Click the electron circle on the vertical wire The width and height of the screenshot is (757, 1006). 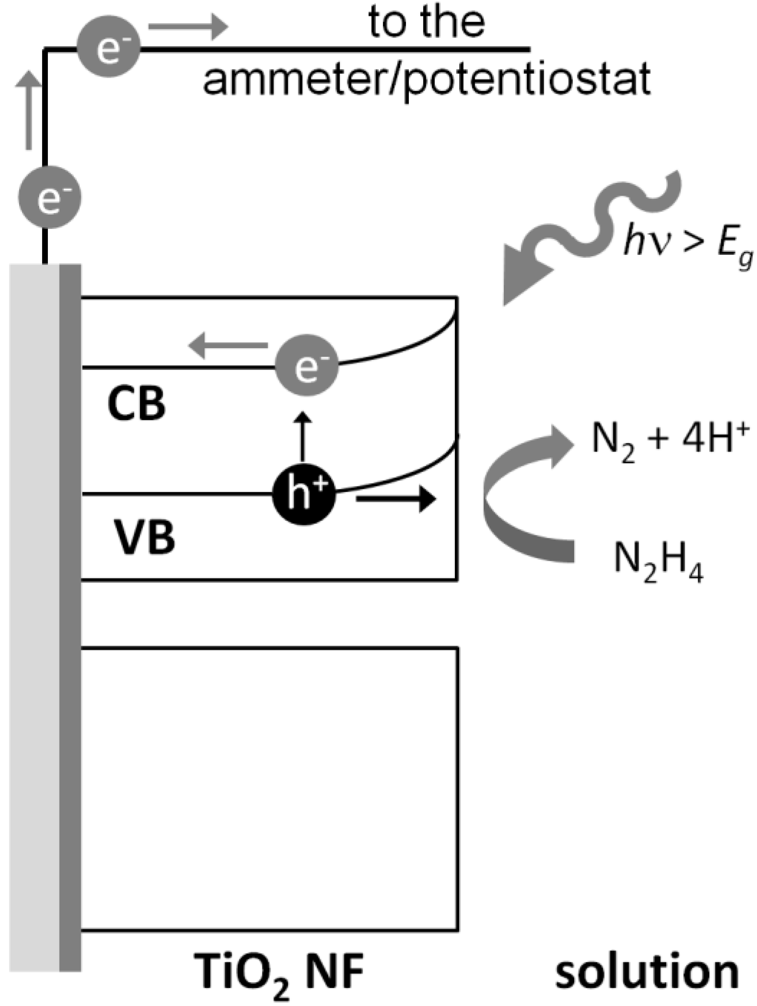click(49, 197)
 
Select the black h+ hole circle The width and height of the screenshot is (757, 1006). click(304, 494)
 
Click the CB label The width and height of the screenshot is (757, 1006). click(136, 404)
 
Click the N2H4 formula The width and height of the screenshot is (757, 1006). click(658, 560)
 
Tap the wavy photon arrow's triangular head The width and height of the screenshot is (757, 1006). click(524, 283)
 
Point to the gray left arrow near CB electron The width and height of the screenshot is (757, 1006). click(227, 345)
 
